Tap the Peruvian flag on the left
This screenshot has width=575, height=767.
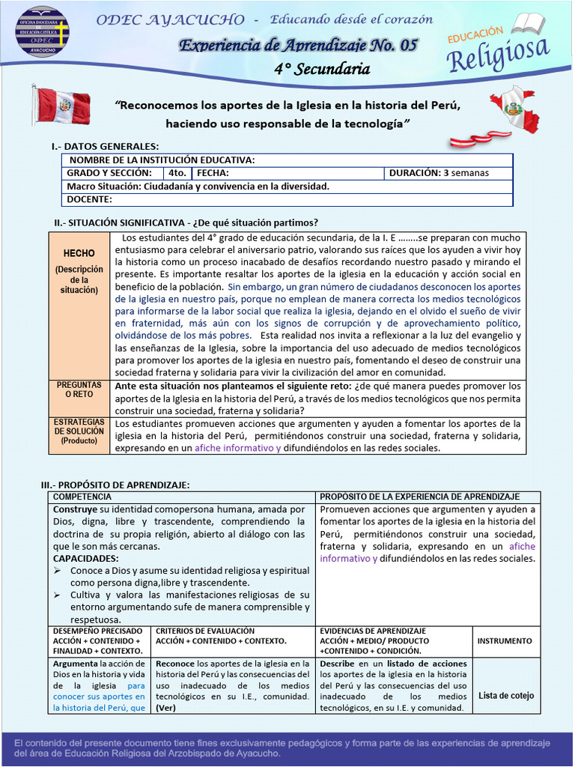click(61, 106)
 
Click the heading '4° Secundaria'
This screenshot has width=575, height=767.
click(322, 70)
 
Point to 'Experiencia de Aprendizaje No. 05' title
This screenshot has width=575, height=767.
click(298, 46)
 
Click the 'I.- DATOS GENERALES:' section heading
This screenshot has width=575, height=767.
click(105, 146)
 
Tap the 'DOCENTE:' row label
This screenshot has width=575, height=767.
click(90, 199)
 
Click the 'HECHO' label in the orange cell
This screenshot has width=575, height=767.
click(79, 254)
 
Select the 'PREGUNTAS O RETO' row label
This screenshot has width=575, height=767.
click(79, 389)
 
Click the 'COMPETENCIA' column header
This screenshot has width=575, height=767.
click(82, 497)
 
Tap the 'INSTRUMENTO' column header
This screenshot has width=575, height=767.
click(505, 641)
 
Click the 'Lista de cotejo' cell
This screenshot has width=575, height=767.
click(506, 695)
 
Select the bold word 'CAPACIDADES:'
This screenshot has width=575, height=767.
click(85, 559)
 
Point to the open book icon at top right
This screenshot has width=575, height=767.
click(529, 22)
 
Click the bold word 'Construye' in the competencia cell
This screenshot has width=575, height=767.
click(75, 509)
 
